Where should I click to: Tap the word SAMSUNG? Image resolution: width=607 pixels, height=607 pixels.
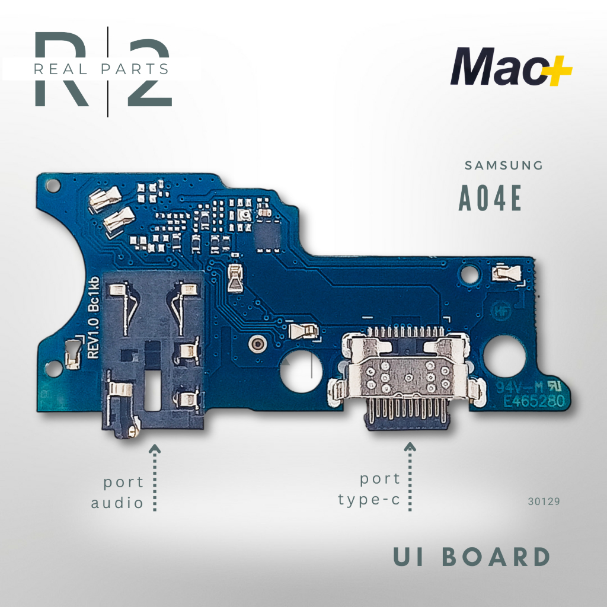[503, 166]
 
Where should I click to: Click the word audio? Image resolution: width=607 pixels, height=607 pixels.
[117, 503]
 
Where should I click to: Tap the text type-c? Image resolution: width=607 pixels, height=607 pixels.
[369, 500]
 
